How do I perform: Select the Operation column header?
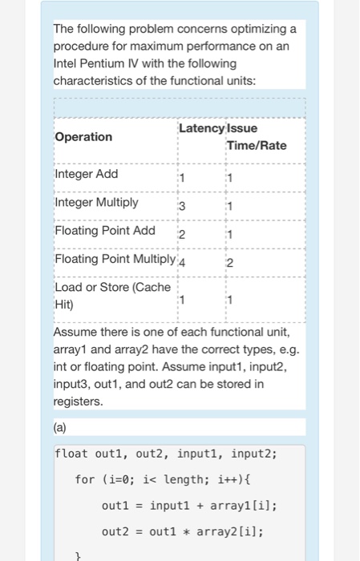(83, 136)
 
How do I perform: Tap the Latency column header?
(203, 128)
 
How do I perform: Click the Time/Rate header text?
(257, 145)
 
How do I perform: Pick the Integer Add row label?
(86, 174)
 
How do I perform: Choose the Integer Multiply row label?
(96, 202)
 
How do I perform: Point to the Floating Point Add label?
(105, 231)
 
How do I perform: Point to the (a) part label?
(61, 427)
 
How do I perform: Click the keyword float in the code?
(72, 454)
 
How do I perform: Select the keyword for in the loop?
(84, 479)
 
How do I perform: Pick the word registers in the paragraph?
(78, 402)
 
